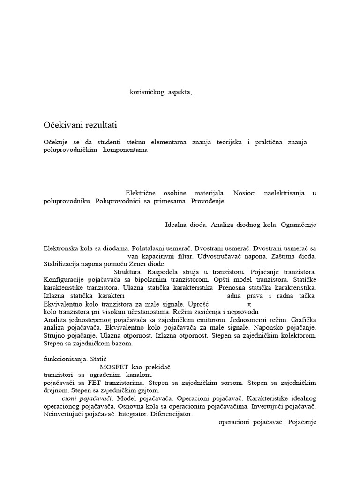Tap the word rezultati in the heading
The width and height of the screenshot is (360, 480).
click(98, 125)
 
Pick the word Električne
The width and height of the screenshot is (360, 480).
click(141, 193)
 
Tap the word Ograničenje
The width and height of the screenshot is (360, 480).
click(299, 225)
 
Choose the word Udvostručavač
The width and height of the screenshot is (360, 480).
click(222, 256)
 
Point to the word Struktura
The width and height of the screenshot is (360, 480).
click(128, 272)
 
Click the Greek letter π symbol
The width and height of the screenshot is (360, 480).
click(249, 304)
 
